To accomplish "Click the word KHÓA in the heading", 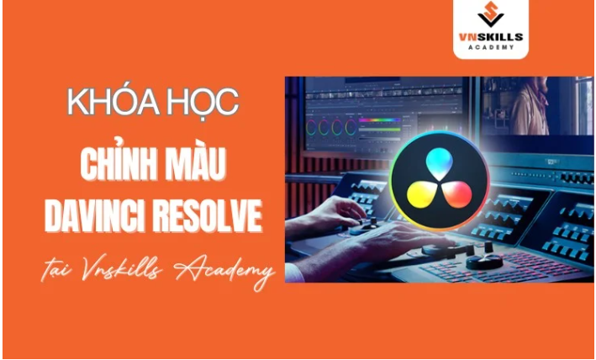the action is point(112,103).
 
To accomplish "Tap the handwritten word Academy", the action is point(225,273).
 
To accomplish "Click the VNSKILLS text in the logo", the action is point(491,37).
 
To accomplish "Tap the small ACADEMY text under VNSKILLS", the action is point(491,47).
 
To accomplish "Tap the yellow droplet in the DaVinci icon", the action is point(421,193).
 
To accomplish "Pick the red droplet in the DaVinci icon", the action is point(457,193).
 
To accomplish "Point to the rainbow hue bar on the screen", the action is point(379,119).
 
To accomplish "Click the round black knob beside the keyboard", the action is point(484,262).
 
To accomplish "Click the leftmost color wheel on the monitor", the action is point(311,127).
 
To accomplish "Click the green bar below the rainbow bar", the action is point(379,130).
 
